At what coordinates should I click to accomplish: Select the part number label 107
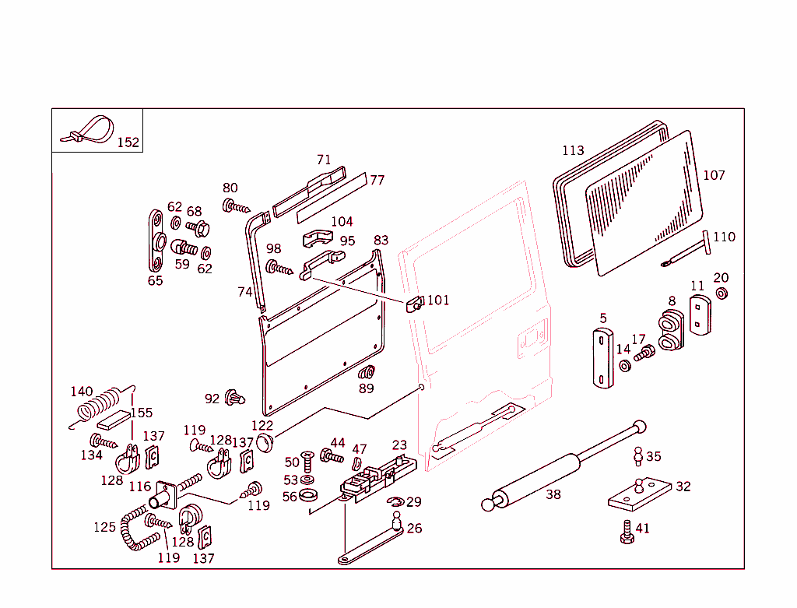(x=714, y=175)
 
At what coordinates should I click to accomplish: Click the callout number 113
(x=573, y=150)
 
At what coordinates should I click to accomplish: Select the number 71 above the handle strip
(x=324, y=160)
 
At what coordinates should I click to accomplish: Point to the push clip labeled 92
(x=234, y=399)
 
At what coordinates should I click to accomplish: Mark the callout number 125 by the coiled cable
(x=104, y=527)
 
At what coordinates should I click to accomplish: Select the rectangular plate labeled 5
(x=602, y=357)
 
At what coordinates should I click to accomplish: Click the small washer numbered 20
(x=722, y=293)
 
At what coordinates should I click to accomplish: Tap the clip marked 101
(x=415, y=303)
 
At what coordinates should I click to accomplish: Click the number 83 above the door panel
(x=381, y=240)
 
